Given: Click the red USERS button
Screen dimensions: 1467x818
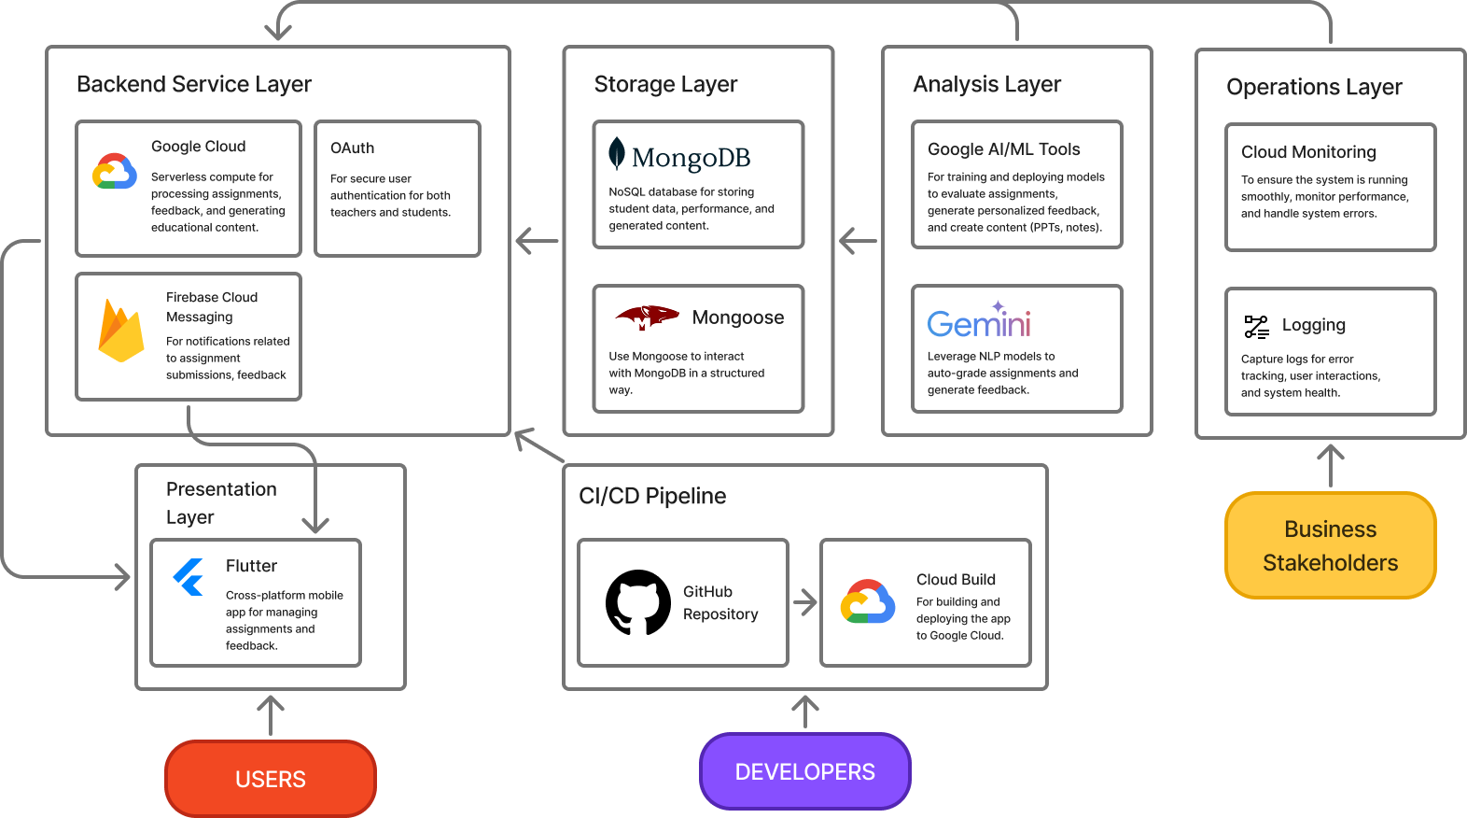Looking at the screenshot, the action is click(271, 779).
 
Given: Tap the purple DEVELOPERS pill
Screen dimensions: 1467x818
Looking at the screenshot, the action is click(804, 771).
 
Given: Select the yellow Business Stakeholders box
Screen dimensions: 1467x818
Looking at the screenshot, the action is click(1330, 545).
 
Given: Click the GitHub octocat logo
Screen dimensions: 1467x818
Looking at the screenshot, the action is click(638, 602).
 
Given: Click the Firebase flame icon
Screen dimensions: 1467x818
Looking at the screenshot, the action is click(121, 331).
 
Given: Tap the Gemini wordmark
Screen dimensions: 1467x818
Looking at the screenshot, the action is click(979, 320).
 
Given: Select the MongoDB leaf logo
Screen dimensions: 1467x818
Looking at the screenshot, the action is click(616, 153).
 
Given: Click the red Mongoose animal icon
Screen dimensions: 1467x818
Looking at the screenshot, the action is click(647, 317).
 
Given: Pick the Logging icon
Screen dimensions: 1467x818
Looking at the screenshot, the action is click(1257, 327).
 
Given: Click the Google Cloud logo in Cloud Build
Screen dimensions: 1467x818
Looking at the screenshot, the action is click(868, 601).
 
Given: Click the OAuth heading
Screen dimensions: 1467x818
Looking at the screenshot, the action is click(353, 148).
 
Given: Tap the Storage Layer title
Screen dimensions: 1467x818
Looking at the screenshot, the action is click(665, 84).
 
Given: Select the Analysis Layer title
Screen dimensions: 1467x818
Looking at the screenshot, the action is click(987, 84).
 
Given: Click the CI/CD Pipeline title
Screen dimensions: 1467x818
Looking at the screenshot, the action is click(652, 496).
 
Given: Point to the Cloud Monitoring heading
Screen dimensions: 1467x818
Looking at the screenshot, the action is click(1308, 151).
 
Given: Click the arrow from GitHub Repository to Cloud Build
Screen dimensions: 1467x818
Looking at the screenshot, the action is click(804, 601).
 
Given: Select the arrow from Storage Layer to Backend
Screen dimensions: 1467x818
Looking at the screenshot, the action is click(537, 241).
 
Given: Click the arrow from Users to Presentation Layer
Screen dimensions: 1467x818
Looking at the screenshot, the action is click(271, 715).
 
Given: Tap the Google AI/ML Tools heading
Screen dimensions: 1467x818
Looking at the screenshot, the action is click(1003, 149).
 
